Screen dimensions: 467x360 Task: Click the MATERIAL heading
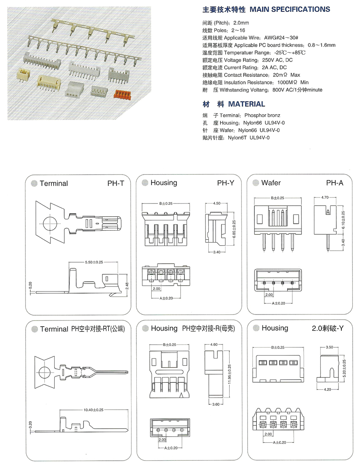point(246,104)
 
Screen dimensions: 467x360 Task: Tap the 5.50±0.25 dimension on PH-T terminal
point(93,263)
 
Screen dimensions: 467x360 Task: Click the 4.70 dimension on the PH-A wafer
point(325,197)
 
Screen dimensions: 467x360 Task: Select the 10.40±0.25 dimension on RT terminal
point(94,410)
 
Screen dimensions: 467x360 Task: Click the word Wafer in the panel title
point(271,183)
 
